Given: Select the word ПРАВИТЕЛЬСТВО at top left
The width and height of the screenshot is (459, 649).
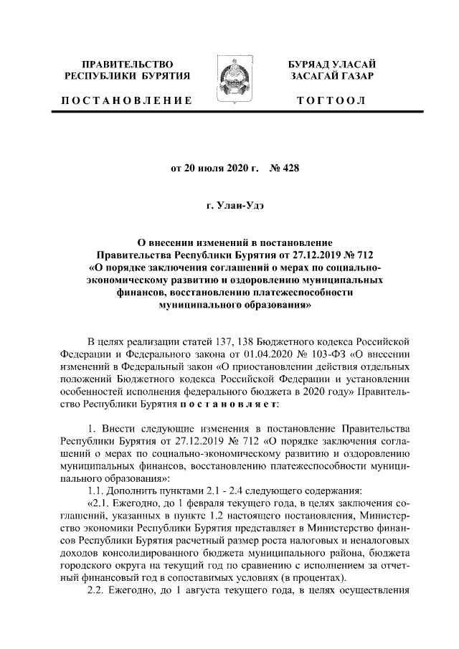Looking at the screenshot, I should tap(128, 64).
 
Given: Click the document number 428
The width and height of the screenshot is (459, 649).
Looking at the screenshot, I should tap(288, 169).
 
